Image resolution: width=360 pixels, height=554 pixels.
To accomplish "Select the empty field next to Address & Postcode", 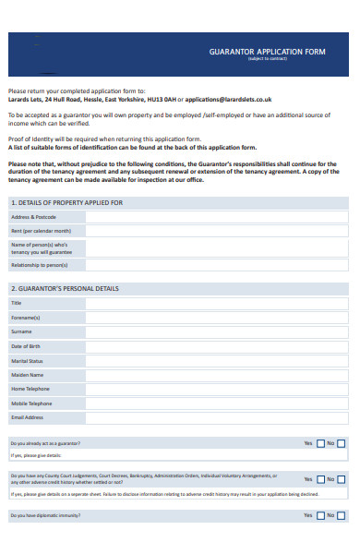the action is (218, 217).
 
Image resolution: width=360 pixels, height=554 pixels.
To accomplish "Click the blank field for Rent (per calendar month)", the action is (218, 231).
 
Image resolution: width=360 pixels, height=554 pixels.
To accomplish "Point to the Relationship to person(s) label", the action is (39, 265).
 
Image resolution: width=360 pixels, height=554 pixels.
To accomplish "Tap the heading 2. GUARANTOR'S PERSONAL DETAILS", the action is (65, 288).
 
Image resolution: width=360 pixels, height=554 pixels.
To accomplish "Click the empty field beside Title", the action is (218, 303).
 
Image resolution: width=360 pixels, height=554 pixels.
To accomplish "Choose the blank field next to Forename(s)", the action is (218, 317).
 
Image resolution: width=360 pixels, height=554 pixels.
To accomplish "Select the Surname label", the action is (21, 331).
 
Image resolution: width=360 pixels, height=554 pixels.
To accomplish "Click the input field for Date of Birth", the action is (218, 345).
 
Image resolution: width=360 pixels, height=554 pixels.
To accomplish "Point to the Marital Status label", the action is (27, 360).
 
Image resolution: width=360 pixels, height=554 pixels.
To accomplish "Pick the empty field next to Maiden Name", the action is (218, 375).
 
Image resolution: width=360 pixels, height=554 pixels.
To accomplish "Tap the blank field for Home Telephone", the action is (218, 389).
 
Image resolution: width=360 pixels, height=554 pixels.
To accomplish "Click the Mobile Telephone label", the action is (31, 403).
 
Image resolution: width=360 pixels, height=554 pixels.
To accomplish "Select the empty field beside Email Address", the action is (218, 417).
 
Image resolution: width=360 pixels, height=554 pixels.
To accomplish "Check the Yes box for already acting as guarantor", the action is (321, 443).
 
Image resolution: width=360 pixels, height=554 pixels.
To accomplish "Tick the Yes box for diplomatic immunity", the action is (321, 515).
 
